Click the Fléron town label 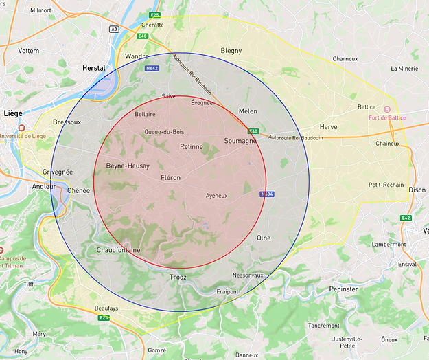(x=170, y=177)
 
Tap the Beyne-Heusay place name (x=127, y=166)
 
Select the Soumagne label (x=240, y=141)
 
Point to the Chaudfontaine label (x=118, y=250)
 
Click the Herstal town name (x=93, y=68)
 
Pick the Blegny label (x=231, y=51)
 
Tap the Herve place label (x=328, y=127)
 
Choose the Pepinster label (x=343, y=289)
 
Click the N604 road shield (x=267, y=194)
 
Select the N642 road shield (x=152, y=68)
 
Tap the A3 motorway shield (x=114, y=29)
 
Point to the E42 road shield (x=406, y=218)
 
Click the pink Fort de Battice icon (x=386, y=109)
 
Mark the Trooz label (x=177, y=277)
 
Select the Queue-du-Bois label (x=163, y=132)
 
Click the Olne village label (x=264, y=238)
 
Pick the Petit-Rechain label (x=386, y=185)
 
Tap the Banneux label (x=246, y=355)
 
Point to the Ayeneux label (x=216, y=196)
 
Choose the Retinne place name (x=192, y=147)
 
